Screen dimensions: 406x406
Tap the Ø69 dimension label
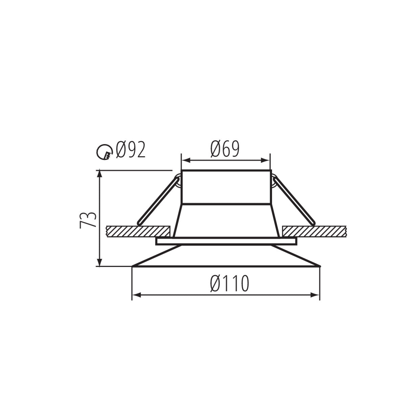pos(225,149)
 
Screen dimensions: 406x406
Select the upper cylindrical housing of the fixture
pos(226,187)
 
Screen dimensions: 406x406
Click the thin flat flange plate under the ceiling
pos(226,242)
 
